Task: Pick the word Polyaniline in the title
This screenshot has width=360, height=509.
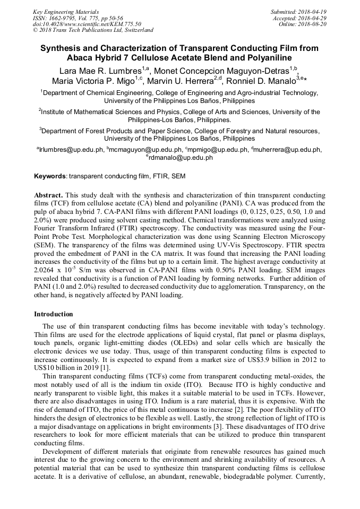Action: click(271, 57)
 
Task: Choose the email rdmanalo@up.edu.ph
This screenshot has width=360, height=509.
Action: click(181, 158)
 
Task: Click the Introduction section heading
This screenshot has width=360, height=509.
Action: click(53, 314)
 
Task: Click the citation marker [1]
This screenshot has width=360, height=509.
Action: click(106, 368)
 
